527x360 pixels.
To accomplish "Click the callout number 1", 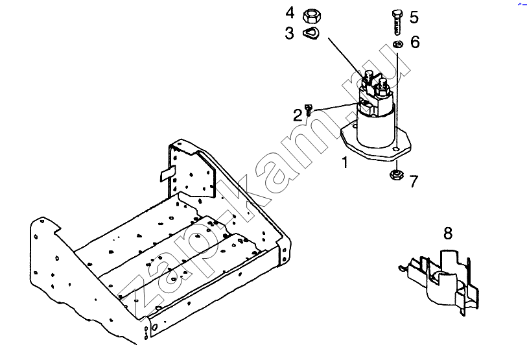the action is pos(344,162).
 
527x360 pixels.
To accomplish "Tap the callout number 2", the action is pos(298,115).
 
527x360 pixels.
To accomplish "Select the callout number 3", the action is pos(289,33).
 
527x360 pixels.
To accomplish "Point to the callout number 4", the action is pos(290,13).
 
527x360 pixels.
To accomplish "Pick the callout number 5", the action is pos(414,17).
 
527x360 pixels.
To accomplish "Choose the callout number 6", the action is pos(415,42).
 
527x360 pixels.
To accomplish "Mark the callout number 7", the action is pos(414,181).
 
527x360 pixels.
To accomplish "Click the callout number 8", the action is pos(448,233).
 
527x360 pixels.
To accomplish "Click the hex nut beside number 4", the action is pos(312,16).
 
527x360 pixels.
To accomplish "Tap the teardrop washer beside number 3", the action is pos(311,34).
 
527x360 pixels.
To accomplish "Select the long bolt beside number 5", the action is pos(397,22).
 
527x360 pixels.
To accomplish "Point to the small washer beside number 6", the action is pos(398,44).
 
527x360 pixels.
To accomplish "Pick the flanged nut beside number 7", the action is pos(397,175).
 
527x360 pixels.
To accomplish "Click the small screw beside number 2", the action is pos(309,110).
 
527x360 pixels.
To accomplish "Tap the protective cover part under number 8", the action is pos(440,281).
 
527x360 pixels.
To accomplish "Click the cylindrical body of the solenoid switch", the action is pos(375,130).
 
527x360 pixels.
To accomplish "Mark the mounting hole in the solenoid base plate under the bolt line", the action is pos(397,149).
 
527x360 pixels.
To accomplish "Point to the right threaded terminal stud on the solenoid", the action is pos(382,86).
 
